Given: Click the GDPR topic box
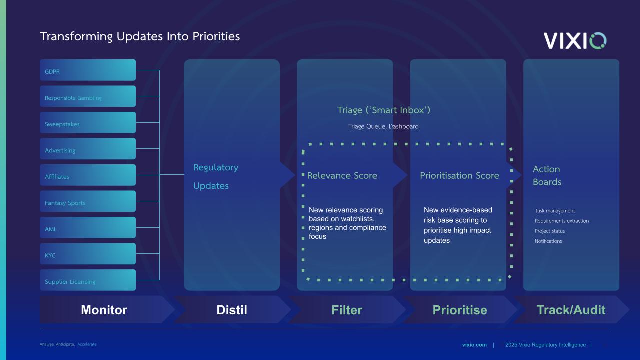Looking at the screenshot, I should [87, 70].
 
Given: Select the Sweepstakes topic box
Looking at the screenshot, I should [87, 123].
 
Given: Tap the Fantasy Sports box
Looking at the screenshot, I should [87, 201].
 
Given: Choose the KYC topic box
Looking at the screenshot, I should [87, 254].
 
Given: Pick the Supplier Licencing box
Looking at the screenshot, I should [87, 280].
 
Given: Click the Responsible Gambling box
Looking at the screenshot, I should [87, 96].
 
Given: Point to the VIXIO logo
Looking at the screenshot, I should [575, 41].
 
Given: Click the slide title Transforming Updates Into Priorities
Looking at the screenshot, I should [140, 36].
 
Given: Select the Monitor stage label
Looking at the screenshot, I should [104, 310].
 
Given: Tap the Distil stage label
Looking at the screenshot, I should [232, 310].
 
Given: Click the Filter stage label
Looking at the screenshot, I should [347, 310].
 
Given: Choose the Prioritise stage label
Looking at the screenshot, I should [460, 310].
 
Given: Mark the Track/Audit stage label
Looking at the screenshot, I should [571, 310].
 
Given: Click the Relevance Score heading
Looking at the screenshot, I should [342, 175].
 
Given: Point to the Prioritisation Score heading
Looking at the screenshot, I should [459, 175].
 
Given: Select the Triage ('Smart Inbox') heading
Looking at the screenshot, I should [384, 110].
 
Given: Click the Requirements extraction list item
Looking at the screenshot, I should [562, 221].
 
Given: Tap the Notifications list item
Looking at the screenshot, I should [548, 241].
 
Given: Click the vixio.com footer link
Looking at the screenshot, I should [474, 345].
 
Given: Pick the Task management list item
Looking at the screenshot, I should [555, 211].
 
